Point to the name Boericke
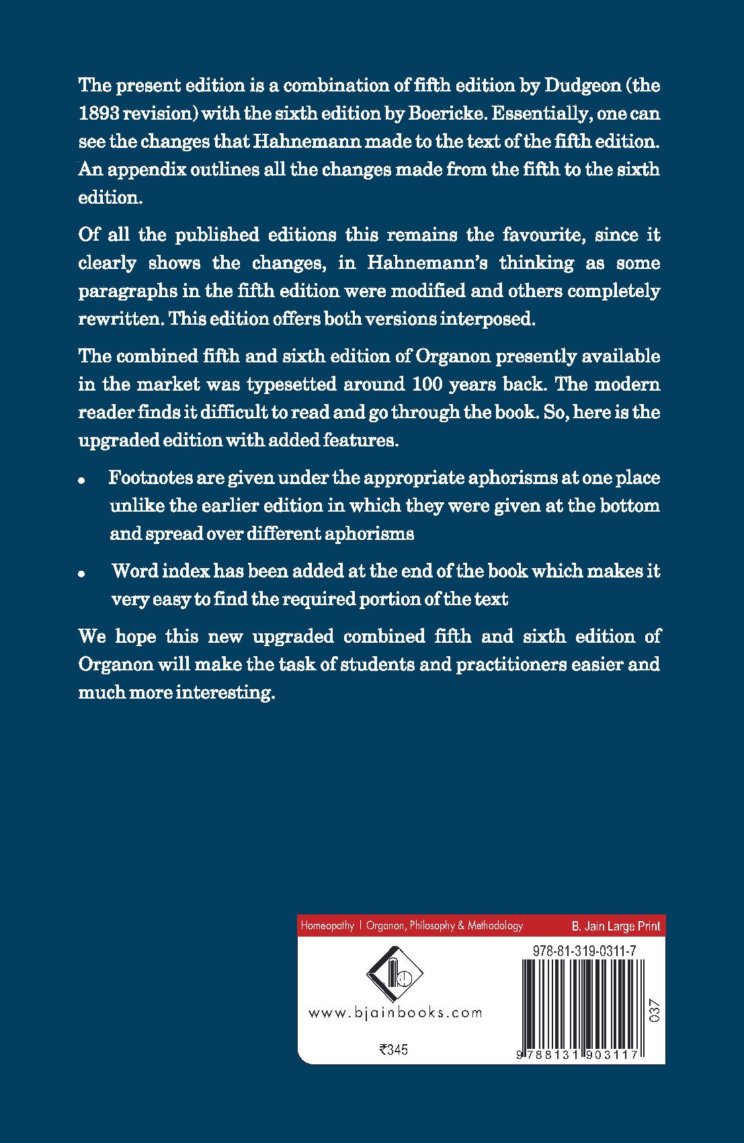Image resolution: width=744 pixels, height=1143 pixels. pos(446,114)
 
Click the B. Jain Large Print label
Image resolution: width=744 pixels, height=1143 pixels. pos(616,926)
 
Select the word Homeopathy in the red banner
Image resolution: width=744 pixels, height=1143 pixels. pos(327,926)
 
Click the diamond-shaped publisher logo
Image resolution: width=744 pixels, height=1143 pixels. pos(394,975)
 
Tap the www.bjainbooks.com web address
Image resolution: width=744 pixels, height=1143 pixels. pos(395,1013)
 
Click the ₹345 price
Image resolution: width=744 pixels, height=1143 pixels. pos(394,1050)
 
